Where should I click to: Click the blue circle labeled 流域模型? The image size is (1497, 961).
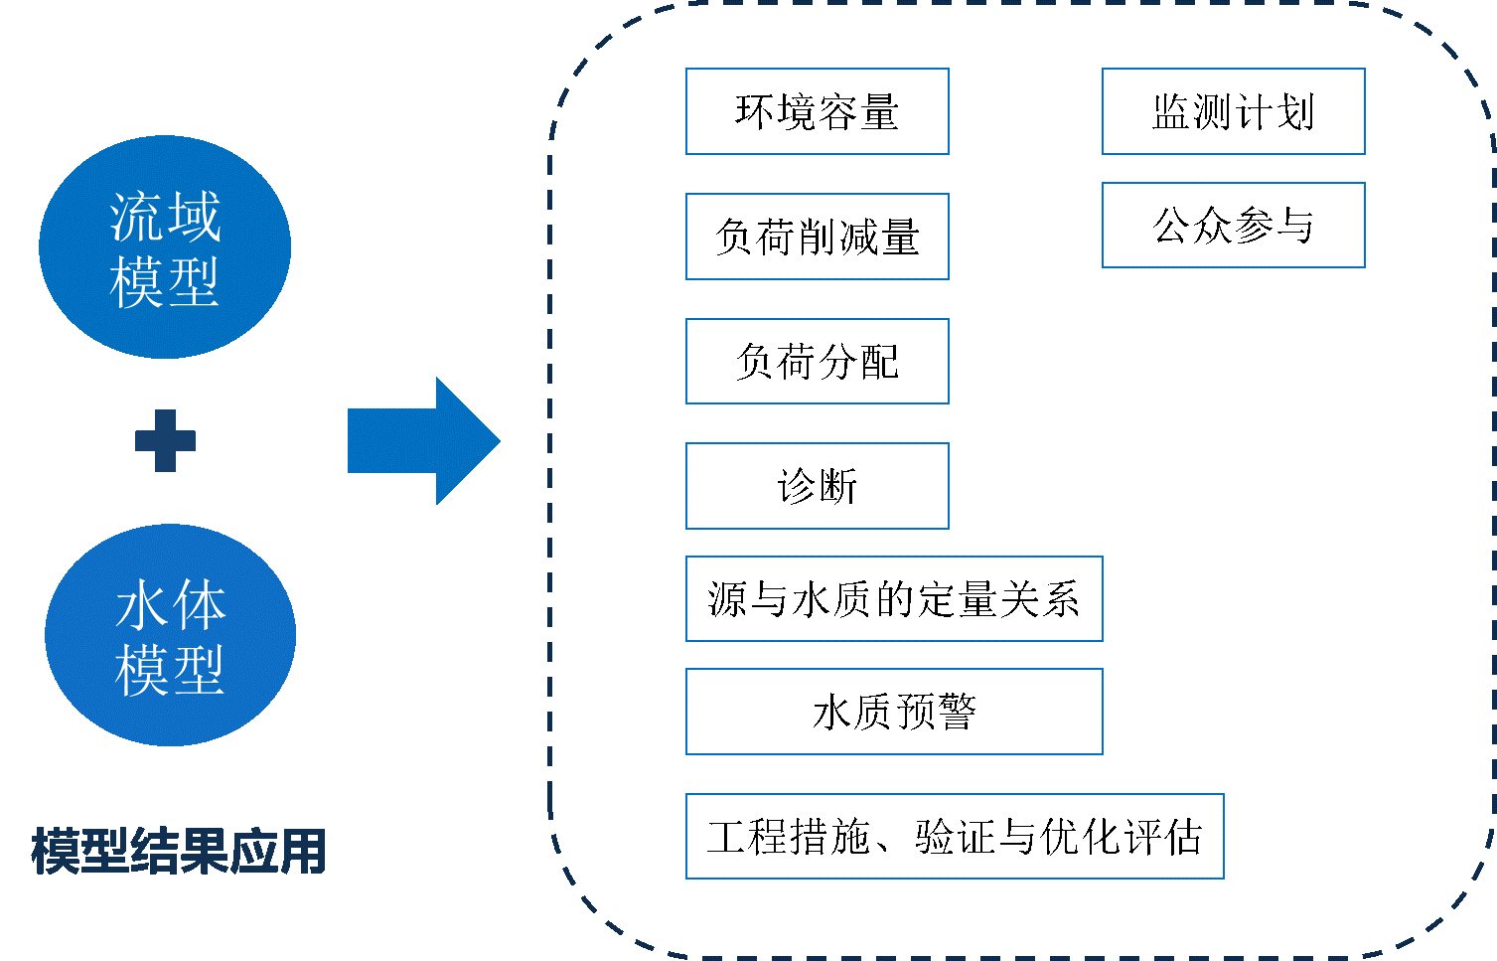(165, 246)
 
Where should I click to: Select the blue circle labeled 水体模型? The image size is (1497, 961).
(171, 635)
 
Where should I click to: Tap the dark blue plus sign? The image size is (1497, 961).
(165, 440)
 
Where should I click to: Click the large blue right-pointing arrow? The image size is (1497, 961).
(424, 440)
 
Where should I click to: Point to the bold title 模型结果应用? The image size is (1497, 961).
(179, 852)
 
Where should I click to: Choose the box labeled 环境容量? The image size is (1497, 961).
(818, 111)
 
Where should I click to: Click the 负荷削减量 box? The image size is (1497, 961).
(818, 237)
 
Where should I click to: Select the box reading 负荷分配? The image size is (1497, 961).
(818, 361)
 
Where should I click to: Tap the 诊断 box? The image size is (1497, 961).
(818, 486)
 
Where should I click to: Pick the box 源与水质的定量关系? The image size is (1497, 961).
(894, 598)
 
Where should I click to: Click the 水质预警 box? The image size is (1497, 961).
(894, 712)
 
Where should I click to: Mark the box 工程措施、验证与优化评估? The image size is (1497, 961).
(955, 836)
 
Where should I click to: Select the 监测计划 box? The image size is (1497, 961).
(1234, 111)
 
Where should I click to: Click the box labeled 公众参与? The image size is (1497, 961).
(1234, 226)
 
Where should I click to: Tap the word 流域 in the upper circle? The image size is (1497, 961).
(165, 216)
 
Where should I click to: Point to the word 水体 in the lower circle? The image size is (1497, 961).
(171, 604)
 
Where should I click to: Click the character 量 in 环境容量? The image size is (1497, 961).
(879, 111)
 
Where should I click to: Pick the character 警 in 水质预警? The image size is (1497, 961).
(957, 712)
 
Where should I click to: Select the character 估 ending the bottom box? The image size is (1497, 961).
(1183, 837)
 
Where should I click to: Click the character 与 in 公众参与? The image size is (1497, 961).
(1294, 226)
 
